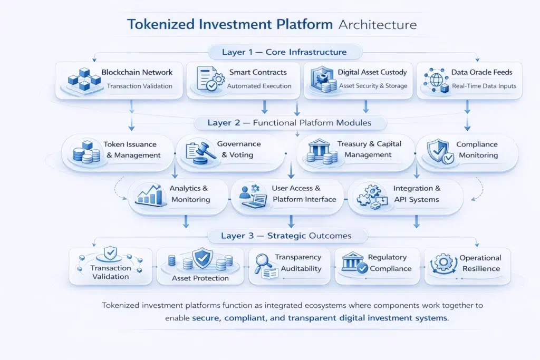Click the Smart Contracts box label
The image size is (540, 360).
coord(258,72)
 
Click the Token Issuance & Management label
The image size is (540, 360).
coord(132,150)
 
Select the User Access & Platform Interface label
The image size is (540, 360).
coord(304,193)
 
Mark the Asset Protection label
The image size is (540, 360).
coord(200,278)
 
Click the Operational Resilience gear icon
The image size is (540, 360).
coord(442,263)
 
